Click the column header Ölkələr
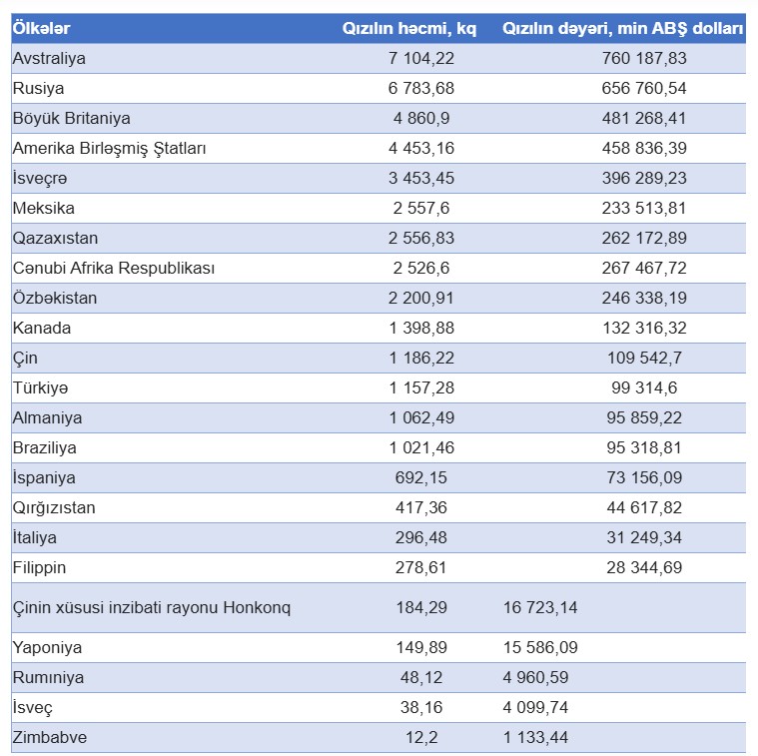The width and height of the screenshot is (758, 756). pos(41,28)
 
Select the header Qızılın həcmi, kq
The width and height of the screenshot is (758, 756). pos(409,28)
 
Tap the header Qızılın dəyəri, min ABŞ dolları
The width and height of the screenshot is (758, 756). pos(623,28)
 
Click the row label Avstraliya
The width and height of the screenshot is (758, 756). pos(49,58)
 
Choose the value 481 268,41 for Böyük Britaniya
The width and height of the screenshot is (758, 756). pos(644,118)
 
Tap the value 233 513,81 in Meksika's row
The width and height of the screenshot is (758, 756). pos(644,208)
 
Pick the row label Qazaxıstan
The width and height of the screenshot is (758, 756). pos(55,238)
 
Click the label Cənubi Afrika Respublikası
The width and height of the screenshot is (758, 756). pos(113,268)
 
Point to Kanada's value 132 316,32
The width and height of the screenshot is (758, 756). pos(644,328)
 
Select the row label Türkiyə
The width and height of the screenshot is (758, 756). pos(40,387)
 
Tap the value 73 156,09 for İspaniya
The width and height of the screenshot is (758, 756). pos(644,477)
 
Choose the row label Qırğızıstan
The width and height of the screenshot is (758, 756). pos(54,507)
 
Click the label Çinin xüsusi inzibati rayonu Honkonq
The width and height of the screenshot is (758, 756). pos(151,607)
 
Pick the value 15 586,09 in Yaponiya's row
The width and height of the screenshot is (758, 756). pos(539,647)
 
